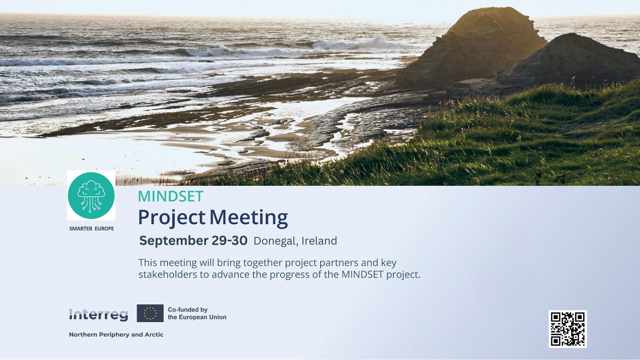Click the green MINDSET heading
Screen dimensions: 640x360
[171, 197]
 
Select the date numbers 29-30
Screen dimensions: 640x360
[229, 241]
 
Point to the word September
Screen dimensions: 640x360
[173, 241]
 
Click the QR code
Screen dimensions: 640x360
[568, 329]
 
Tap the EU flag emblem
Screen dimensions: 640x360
[150, 313]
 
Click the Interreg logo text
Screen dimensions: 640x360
[99, 315]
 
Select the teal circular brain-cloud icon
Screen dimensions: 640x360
[91, 195]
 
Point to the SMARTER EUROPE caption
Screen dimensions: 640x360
[92, 229]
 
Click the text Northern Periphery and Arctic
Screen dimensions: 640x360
[116, 334]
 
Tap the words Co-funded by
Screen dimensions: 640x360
[188, 310]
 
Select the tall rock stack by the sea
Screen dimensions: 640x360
[474, 47]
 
